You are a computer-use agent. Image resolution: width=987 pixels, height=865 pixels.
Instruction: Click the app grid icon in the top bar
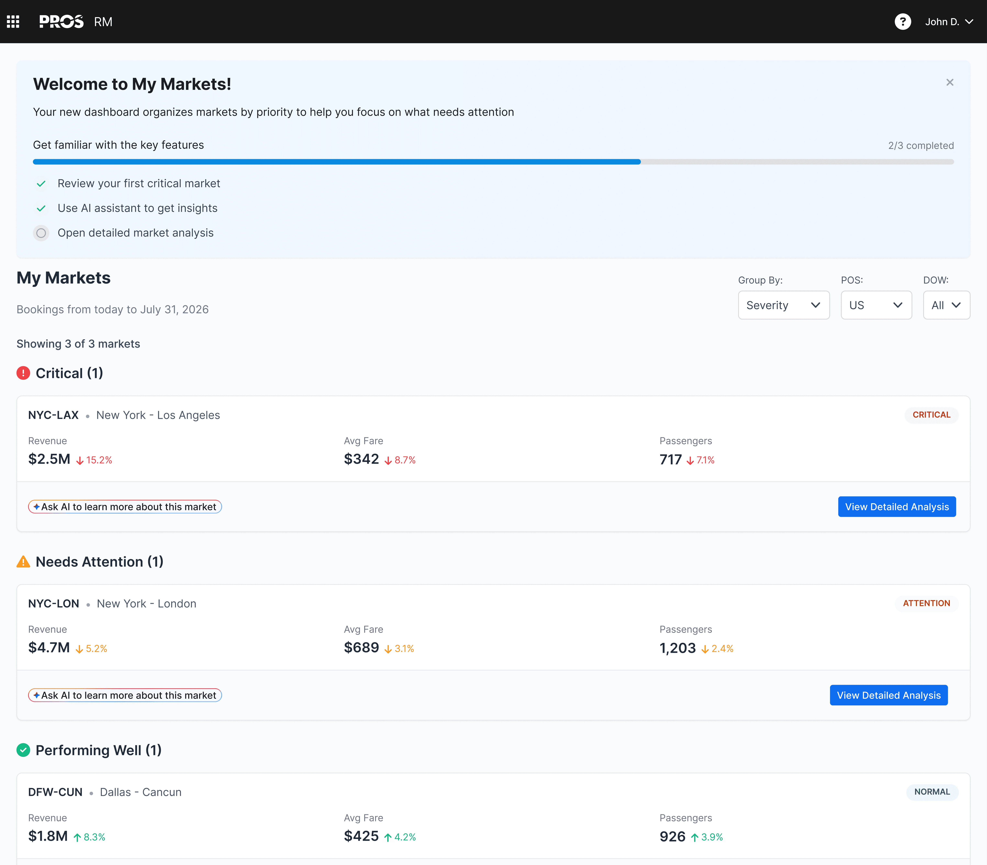click(13, 22)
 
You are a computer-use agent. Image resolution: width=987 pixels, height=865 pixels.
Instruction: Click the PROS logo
click(61, 22)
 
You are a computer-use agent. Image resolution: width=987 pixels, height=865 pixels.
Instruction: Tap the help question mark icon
click(903, 22)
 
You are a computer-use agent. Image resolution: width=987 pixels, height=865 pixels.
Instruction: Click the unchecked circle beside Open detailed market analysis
click(41, 233)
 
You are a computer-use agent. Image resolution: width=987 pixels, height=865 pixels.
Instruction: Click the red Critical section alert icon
click(23, 373)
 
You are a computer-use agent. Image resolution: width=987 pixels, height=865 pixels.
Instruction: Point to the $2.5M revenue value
click(49, 459)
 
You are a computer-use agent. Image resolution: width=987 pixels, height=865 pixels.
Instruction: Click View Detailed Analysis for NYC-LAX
click(897, 507)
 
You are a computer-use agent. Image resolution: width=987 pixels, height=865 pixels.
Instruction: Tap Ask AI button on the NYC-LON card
click(125, 695)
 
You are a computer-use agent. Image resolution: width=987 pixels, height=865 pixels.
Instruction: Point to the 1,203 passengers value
click(678, 648)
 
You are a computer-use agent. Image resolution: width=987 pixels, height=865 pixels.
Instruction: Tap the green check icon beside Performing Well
click(23, 750)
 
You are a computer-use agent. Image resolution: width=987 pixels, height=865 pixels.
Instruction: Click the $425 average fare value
click(362, 836)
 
